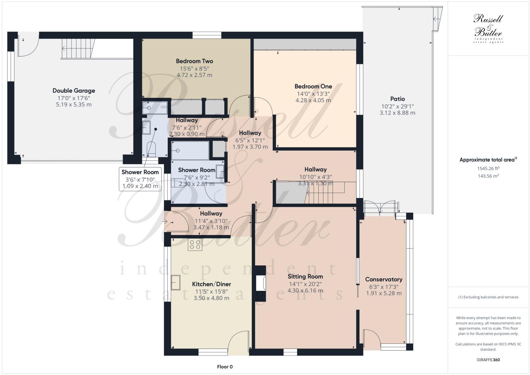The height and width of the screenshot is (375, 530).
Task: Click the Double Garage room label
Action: point(74,90)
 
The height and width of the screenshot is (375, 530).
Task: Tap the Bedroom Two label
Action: point(194,61)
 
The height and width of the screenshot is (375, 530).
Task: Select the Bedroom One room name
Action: point(313,86)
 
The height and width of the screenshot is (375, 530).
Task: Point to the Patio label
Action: point(397,99)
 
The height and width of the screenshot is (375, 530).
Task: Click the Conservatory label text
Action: point(384,279)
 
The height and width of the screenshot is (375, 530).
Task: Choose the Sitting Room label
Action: point(305,276)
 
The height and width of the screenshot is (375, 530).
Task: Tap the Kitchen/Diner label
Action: point(211,284)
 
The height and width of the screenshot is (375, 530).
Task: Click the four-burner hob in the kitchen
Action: point(195,245)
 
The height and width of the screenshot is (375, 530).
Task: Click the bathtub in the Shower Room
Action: point(190,151)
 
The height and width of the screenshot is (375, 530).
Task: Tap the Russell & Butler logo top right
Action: point(488,28)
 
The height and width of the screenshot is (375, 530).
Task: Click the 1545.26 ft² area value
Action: point(488,169)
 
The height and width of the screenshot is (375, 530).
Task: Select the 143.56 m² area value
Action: point(488,176)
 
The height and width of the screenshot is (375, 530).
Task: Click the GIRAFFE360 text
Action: point(488,360)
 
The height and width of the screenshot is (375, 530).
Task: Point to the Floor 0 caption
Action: point(225,367)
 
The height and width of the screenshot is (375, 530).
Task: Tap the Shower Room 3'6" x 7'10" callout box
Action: point(140,179)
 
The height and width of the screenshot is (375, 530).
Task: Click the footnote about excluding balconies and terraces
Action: point(488,297)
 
